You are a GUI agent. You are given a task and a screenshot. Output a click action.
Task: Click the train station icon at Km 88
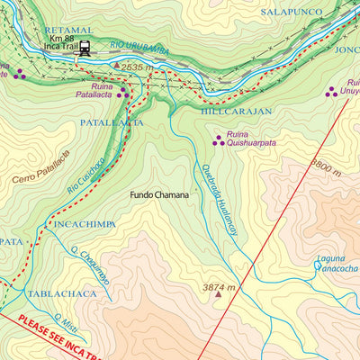click(x=85, y=49)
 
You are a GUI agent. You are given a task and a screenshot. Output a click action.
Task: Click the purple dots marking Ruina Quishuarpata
click(x=217, y=139)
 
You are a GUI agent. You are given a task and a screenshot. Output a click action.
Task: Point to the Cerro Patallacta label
click(x=40, y=166)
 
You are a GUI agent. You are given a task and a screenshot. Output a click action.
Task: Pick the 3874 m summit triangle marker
click(x=217, y=293)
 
